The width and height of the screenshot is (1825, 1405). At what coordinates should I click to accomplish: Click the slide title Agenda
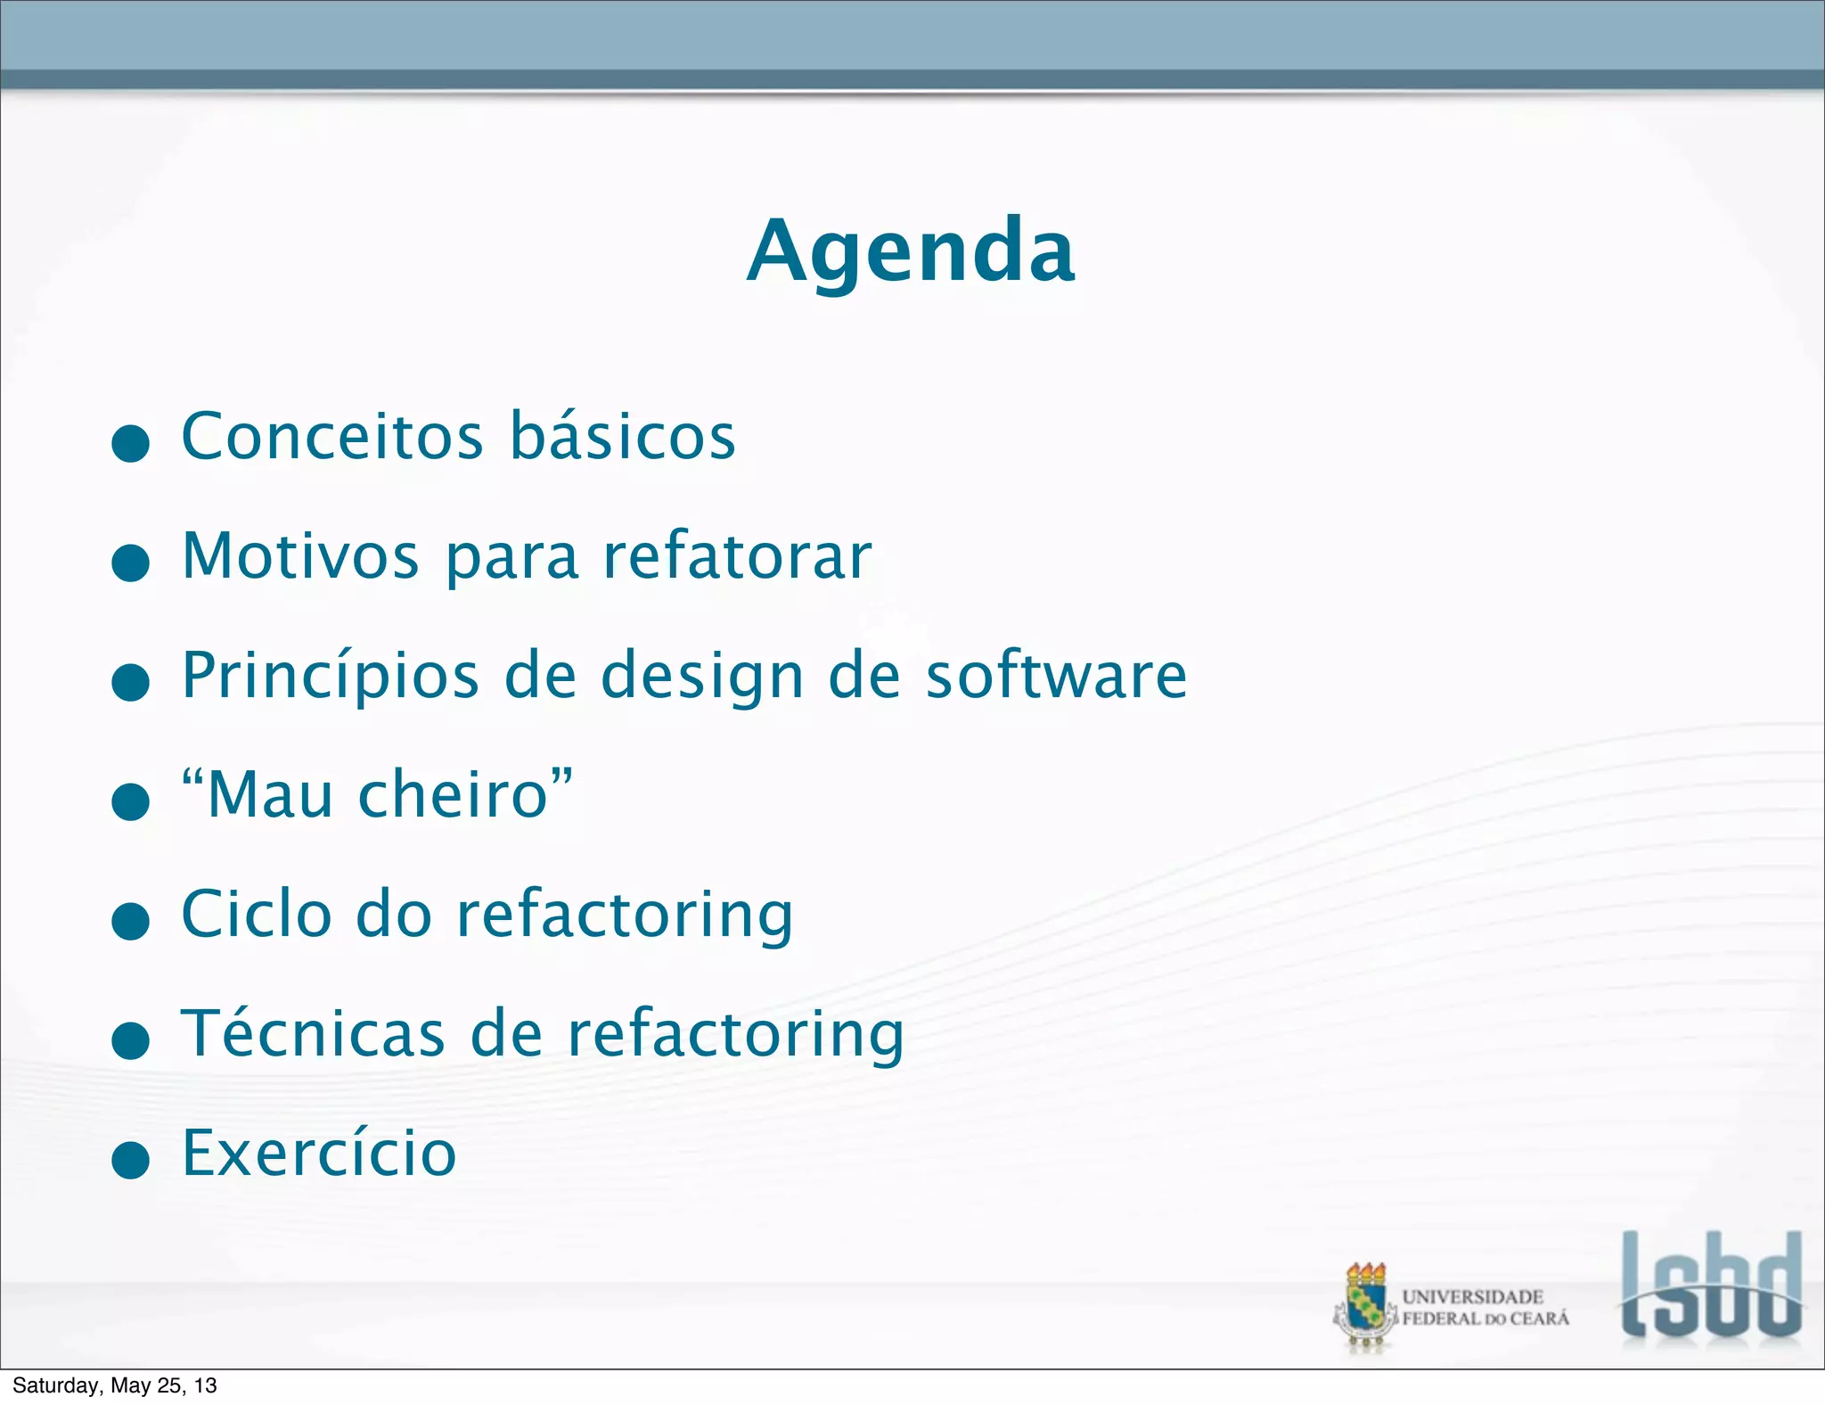(x=911, y=251)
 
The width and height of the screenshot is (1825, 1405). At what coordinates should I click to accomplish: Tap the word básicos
(x=623, y=437)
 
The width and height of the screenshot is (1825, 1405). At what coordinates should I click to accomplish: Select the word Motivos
(x=300, y=556)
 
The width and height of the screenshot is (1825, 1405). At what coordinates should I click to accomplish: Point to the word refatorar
(x=737, y=556)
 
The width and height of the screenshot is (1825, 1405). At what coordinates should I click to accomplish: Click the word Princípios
(x=331, y=676)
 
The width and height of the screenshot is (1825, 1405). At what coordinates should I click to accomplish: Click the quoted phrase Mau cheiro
(x=377, y=794)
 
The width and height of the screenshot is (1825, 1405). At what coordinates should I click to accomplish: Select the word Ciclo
(x=257, y=915)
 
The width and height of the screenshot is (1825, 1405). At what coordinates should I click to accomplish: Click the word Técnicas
(x=313, y=1034)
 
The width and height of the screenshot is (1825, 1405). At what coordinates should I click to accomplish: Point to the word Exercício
(x=319, y=1154)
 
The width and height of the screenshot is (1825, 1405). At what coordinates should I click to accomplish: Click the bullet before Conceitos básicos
(x=131, y=443)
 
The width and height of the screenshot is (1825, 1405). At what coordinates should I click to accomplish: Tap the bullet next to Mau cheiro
(x=131, y=801)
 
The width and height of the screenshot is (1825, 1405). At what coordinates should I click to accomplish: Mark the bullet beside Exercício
(x=131, y=1160)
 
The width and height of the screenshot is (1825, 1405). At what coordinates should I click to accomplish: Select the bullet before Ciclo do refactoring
(x=131, y=921)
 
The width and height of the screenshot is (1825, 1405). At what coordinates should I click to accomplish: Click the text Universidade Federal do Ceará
(x=1485, y=1308)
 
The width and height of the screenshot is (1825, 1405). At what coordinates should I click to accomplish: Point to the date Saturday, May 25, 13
(x=115, y=1385)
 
